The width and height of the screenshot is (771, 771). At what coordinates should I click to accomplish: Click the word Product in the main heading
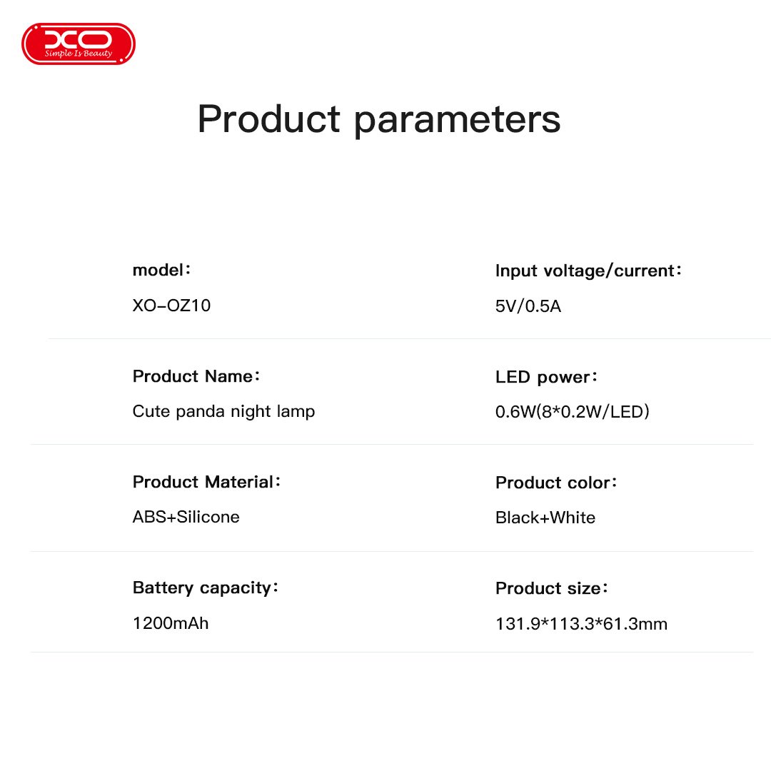[x=268, y=119]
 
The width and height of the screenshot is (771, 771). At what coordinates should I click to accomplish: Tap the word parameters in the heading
[x=457, y=121]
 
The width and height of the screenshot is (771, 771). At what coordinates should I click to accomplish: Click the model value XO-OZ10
[x=171, y=306]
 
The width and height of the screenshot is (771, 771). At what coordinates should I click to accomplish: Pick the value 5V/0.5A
[x=528, y=306]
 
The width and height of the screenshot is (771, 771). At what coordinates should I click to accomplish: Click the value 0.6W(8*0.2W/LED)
[x=572, y=412]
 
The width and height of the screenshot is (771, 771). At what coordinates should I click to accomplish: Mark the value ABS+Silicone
[x=186, y=517]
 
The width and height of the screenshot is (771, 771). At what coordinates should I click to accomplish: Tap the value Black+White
[x=545, y=518]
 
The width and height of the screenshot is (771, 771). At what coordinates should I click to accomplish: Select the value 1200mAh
[x=171, y=623]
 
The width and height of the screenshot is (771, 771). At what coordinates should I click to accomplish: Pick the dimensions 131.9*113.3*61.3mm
[x=581, y=624]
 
